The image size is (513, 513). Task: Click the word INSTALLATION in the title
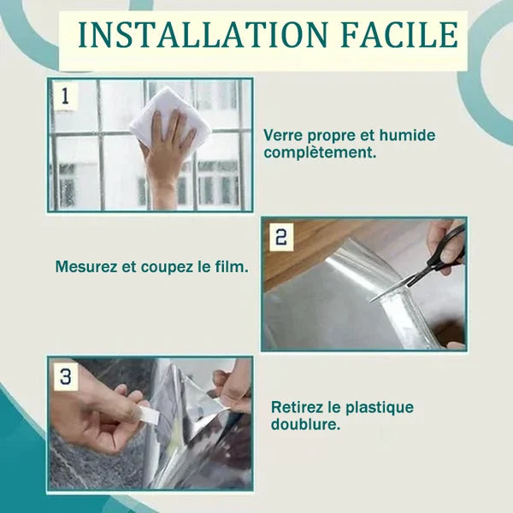pos(203,35)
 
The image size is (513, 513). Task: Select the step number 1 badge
pos(66,96)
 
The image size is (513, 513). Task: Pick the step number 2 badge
pos(281,237)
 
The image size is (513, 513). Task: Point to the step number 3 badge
pos(66,376)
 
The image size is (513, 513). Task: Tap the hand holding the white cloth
pos(167,157)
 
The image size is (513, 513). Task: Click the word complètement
pos(320,153)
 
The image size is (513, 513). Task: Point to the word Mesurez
pos(86,267)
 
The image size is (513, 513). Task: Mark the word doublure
pos(306,424)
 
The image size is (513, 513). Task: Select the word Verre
pos(283,135)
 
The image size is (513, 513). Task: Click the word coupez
pos(167,268)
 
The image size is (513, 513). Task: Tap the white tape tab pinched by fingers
pos(149,415)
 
